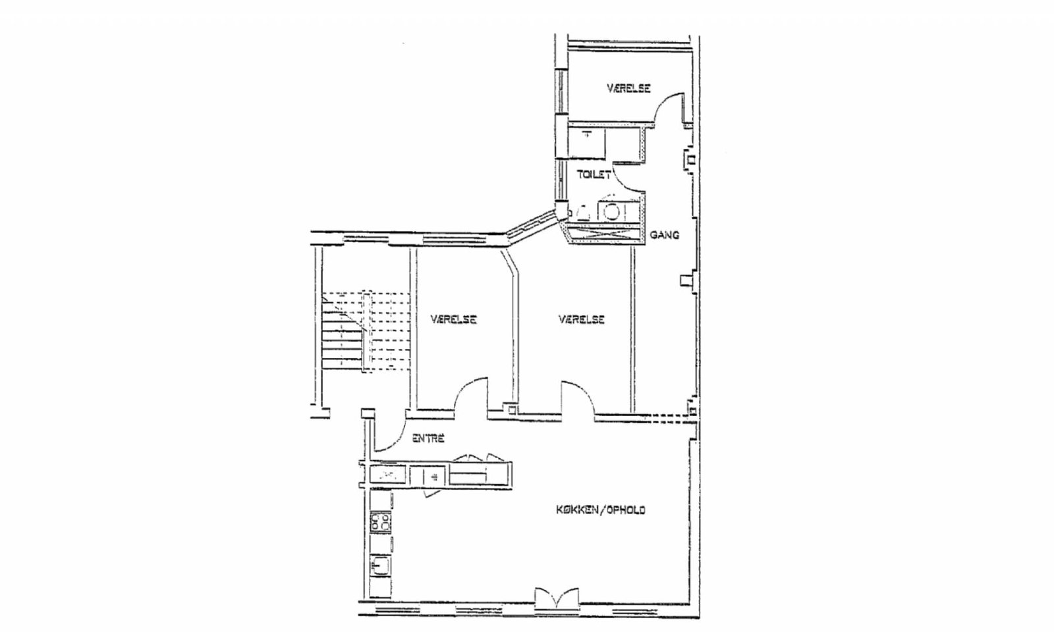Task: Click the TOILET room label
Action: click(594, 174)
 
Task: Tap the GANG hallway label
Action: click(665, 234)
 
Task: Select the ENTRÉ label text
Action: click(428, 438)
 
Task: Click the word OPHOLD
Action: click(625, 510)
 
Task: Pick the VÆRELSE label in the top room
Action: click(628, 88)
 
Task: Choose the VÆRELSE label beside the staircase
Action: click(454, 320)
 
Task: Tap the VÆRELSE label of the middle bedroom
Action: click(582, 320)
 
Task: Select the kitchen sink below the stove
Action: click(380, 566)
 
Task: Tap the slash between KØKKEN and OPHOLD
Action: click(602, 510)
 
